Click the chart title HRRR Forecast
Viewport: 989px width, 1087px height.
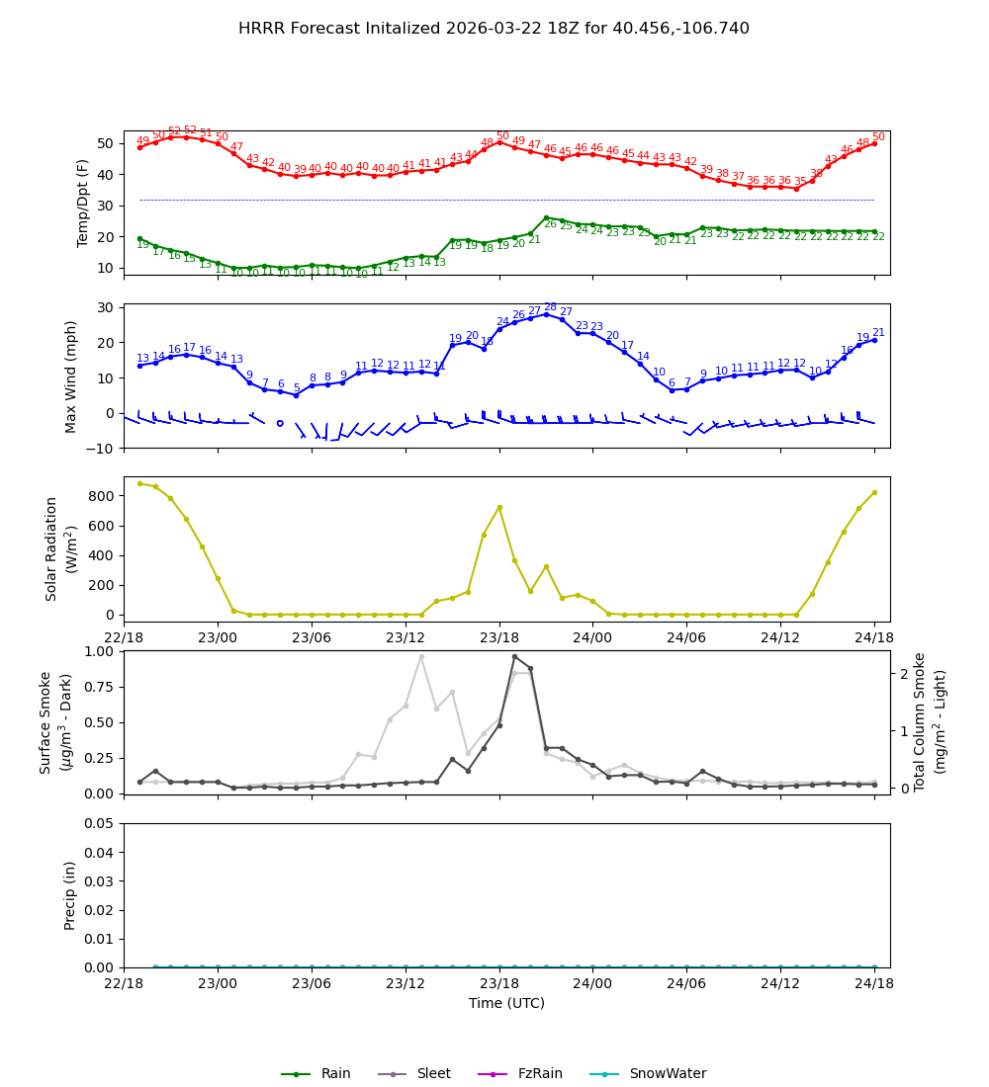[x=494, y=29]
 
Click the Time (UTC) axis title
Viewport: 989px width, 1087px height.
[x=506, y=1003]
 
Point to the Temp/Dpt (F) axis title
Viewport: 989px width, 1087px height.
[x=84, y=203]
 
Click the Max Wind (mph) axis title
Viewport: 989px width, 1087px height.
[x=71, y=376]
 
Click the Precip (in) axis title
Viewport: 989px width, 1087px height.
[x=71, y=895]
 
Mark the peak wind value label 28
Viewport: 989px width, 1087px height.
[x=550, y=307]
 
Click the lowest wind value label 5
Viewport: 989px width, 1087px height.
[x=296, y=388]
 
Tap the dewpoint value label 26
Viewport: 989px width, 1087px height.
[x=550, y=224]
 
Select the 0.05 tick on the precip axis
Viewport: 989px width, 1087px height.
[x=102, y=823]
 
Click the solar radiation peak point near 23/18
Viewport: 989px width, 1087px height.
[x=499, y=507]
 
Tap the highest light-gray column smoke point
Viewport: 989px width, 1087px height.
[x=420, y=656]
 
